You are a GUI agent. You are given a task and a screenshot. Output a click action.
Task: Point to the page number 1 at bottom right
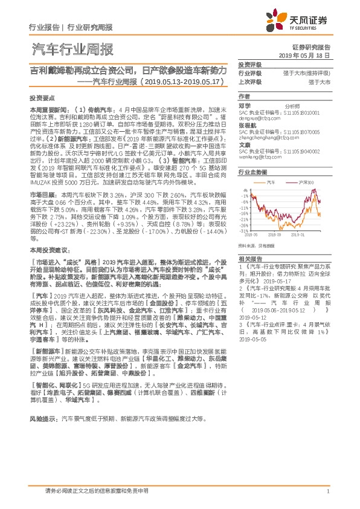coord(327,492)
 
